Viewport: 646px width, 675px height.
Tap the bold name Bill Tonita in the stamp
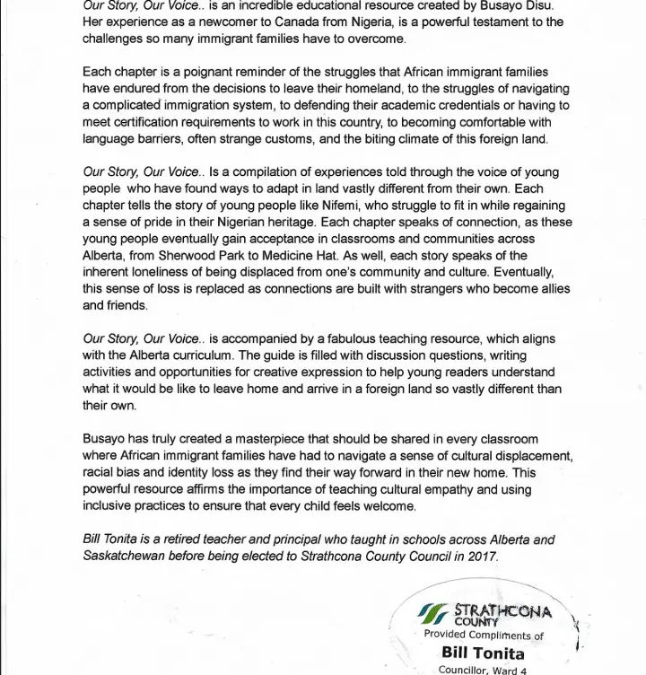[x=484, y=653]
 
